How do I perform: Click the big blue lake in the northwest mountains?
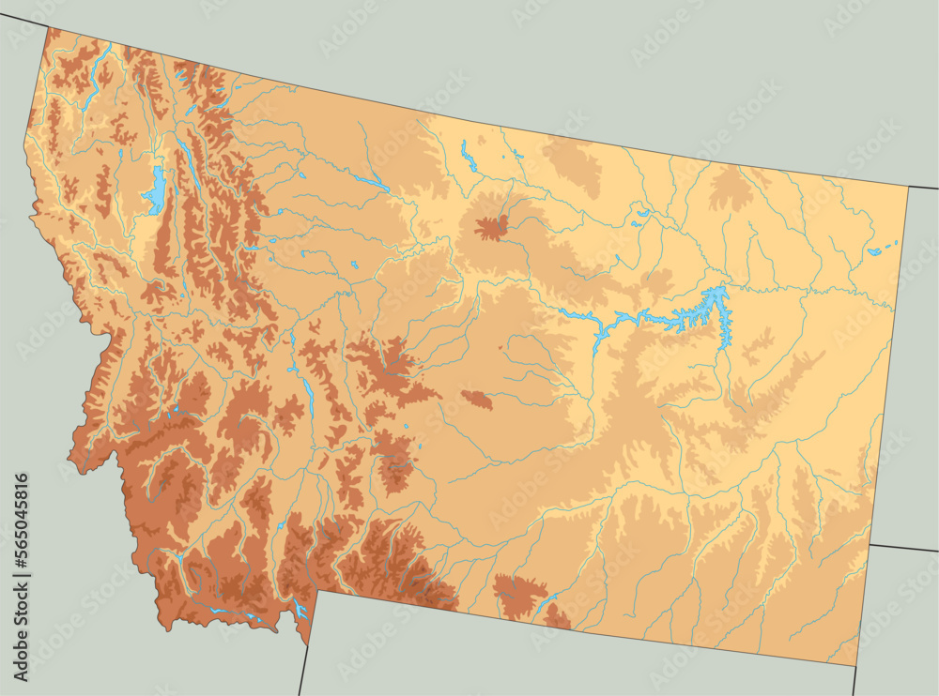154,193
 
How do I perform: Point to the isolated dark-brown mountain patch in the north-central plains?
491,227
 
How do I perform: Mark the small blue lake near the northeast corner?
877,250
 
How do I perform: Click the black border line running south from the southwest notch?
303,670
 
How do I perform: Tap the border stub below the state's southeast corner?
855,681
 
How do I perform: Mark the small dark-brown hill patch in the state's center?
478,401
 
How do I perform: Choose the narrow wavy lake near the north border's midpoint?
469,159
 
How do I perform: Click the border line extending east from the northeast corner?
924,188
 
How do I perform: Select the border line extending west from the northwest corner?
23,21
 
